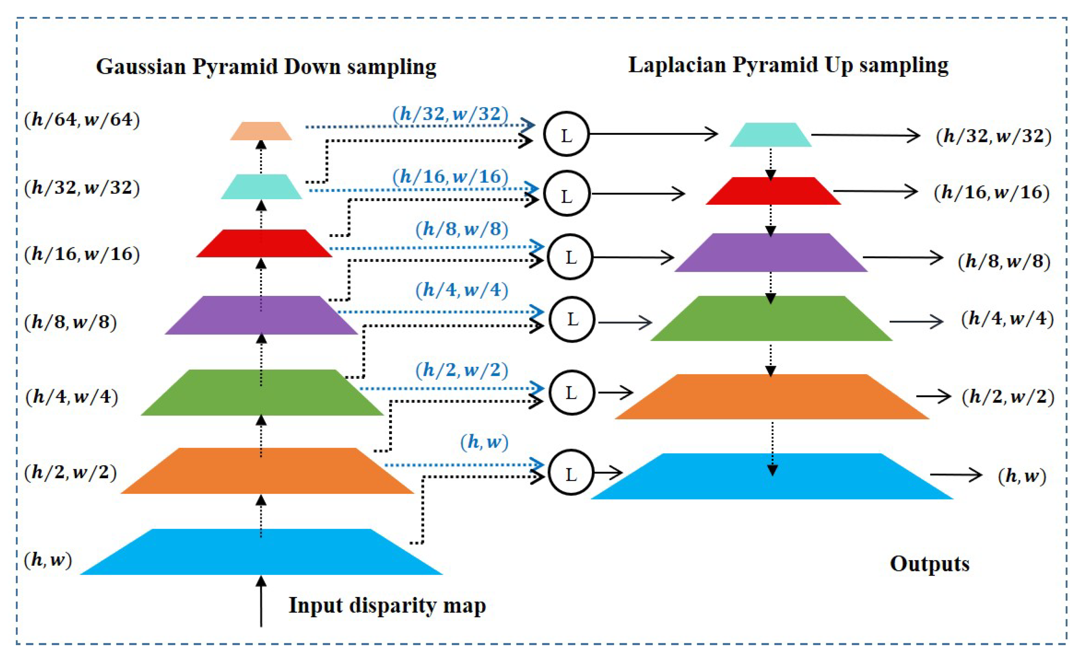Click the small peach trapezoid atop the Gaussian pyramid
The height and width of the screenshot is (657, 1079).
[x=261, y=131]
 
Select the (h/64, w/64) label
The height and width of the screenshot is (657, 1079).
[x=82, y=119]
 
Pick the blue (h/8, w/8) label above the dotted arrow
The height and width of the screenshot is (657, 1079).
[x=462, y=229]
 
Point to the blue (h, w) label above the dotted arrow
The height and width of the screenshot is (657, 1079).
[x=484, y=442]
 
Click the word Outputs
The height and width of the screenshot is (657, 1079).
[x=929, y=564]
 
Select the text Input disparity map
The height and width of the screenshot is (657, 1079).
[x=387, y=605]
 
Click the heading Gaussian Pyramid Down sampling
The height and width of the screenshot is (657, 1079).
[x=266, y=67]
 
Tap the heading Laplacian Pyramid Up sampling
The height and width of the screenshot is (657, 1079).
[x=788, y=65]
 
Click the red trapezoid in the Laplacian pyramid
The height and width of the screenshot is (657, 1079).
[x=773, y=191]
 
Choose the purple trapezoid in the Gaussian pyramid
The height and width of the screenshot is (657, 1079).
[x=261, y=315]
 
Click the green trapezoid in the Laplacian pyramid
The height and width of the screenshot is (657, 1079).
[x=771, y=319]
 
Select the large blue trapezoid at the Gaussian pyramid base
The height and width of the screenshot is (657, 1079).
[x=261, y=552]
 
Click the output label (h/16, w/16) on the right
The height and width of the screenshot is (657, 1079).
[x=992, y=192]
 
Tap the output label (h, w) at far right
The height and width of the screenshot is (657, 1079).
[x=1022, y=475]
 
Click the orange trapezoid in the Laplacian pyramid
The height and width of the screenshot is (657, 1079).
[x=772, y=397]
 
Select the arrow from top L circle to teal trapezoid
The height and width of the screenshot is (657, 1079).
[x=652, y=134]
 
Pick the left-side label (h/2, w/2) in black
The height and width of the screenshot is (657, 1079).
[x=71, y=473]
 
